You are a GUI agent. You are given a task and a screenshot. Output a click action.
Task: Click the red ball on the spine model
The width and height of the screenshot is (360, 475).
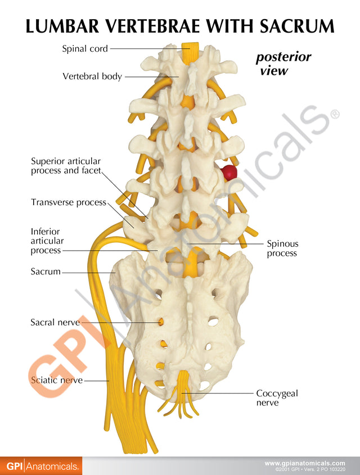pyautogui.click(x=228, y=172)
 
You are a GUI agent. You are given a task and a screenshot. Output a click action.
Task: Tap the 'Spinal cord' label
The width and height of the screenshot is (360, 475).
pyautogui.click(x=85, y=48)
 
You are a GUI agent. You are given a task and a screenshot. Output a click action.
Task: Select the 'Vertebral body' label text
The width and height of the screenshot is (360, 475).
pyautogui.click(x=92, y=76)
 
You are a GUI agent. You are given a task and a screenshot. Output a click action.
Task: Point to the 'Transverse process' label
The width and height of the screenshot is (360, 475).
pyautogui.click(x=69, y=202)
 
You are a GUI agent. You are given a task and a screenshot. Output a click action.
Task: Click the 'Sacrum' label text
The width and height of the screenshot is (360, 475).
pyautogui.click(x=46, y=271)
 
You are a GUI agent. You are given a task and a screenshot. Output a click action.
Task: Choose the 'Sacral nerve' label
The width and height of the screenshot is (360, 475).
pyautogui.click(x=55, y=322)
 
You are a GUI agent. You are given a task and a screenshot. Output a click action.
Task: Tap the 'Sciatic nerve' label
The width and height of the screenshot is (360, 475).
pyautogui.click(x=57, y=380)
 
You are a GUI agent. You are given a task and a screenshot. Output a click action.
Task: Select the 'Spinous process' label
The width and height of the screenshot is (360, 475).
pyautogui.click(x=282, y=248)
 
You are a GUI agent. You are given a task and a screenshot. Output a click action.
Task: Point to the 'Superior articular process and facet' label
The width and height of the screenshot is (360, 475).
pyautogui.click(x=66, y=166)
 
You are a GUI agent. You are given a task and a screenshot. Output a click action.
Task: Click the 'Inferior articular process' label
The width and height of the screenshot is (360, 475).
pyautogui.click(x=47, y=241)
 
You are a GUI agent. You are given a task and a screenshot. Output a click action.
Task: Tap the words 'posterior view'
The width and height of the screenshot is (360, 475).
pyautogui.click(x=283, y=64)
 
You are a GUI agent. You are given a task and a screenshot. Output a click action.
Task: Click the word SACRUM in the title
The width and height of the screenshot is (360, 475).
pyautogui.click(x=296, y=26)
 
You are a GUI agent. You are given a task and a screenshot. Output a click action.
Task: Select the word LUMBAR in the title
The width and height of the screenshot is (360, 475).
pyautogui.click(x=62, y=26)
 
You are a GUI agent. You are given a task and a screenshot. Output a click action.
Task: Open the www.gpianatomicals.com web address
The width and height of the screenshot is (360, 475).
pyautogui.click(x=305, y=463)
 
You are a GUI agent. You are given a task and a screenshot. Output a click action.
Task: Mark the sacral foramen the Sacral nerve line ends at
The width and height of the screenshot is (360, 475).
pyautogui.click(x=160, y=322)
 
